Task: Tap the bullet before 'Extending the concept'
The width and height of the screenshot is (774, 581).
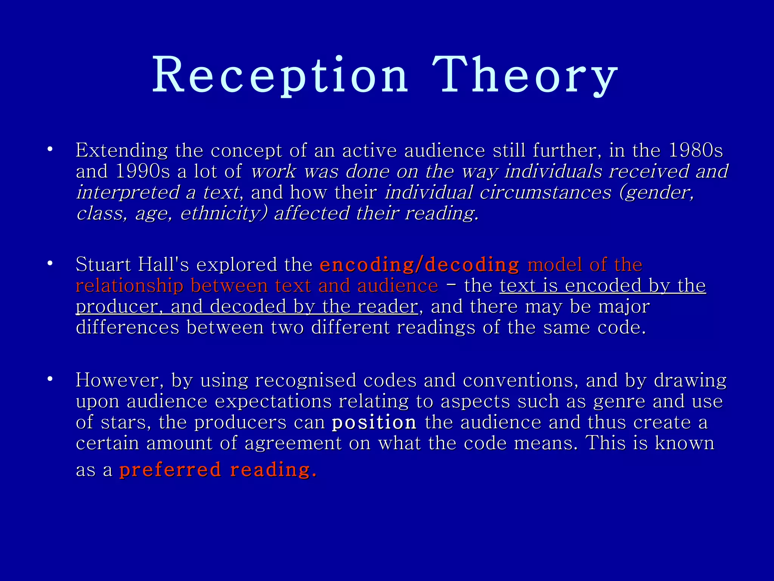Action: click(x=50, y=149)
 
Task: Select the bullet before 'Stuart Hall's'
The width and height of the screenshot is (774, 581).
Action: click(x=50, y=264)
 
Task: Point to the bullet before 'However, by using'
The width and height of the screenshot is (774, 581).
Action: click(x=50, y=379)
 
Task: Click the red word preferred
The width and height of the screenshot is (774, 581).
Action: click(x=170, y=470)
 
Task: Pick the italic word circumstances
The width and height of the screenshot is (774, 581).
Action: click(x=545, y=193)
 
